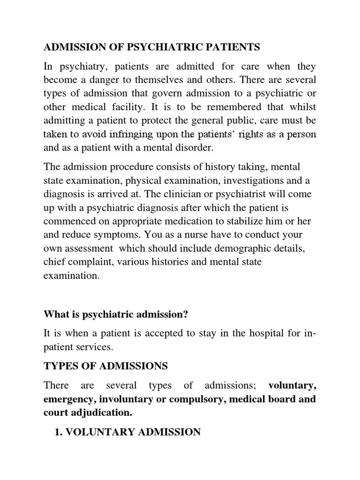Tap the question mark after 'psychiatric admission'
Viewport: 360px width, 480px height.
(x=186, y=315)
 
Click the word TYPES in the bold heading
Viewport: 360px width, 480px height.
(x=59, y=366)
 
